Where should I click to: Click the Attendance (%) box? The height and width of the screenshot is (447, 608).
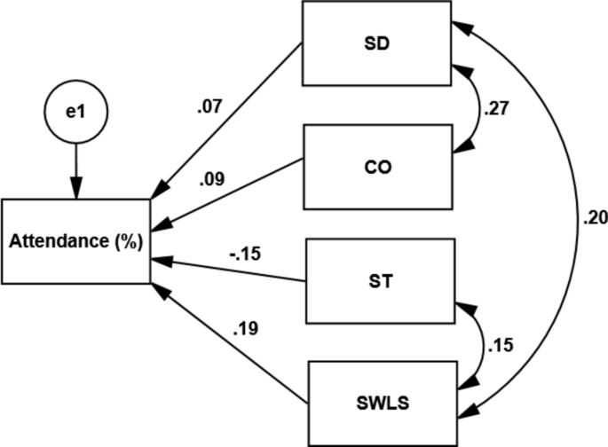76,241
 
